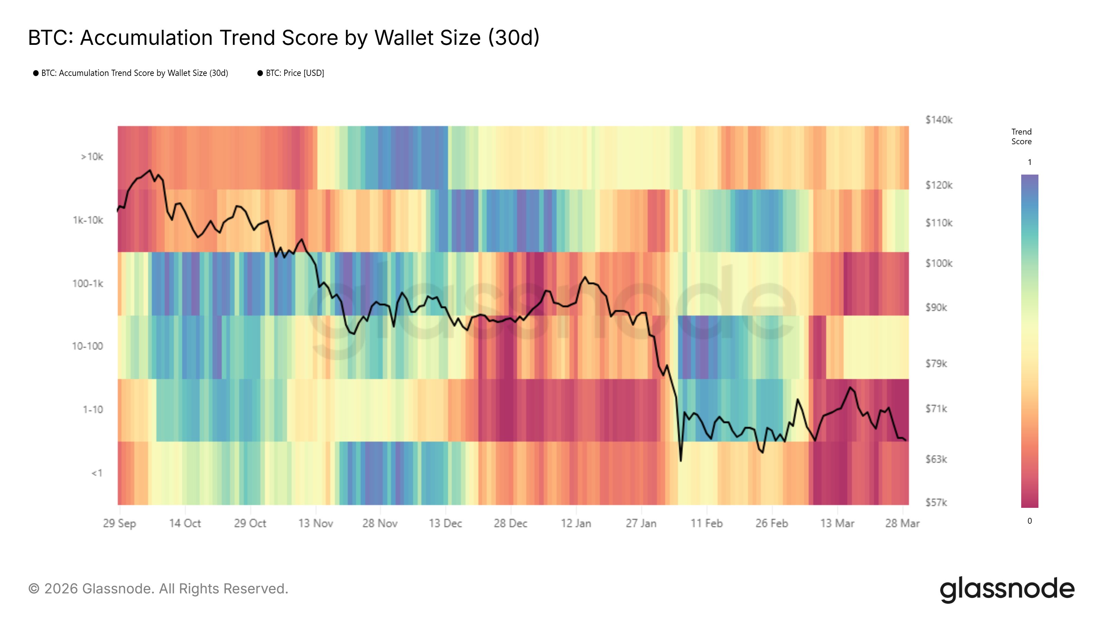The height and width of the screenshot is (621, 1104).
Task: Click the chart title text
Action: (283, 38)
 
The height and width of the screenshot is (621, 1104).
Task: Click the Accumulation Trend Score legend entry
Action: (134, 73)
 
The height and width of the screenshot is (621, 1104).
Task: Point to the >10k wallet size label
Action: (92, 157)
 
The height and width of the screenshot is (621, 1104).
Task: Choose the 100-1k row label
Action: (88, 284)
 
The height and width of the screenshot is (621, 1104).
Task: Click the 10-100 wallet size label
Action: (87, 346)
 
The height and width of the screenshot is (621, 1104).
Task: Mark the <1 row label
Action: (97, 473)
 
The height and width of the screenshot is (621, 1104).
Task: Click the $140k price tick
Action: (938, 120)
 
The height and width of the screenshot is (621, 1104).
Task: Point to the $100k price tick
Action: (938, 264)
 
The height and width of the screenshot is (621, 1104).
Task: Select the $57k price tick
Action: (936, 502)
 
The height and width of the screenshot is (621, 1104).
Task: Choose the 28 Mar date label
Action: (902, 523)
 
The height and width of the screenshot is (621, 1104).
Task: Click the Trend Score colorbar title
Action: (1021, 137)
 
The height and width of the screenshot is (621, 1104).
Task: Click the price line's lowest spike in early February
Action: (681, 461)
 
